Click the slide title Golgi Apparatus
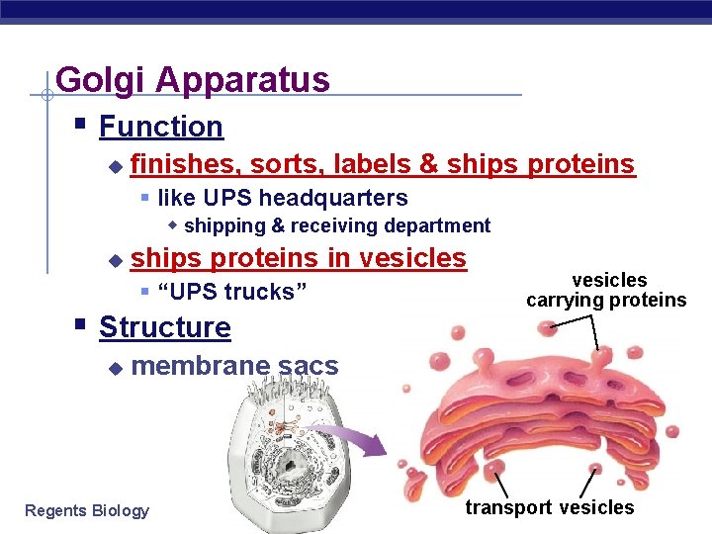point(193,79)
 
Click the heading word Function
point(161,127)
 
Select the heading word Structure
point(165,327)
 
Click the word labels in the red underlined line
point(370,163)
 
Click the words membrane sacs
point(234,366)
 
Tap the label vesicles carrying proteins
point(606,291)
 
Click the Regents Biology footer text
point(87,510)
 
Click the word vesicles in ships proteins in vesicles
point(412,258)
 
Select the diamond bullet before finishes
point(114,165)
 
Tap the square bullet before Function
point(80,126)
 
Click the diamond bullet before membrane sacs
point(114,368)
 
